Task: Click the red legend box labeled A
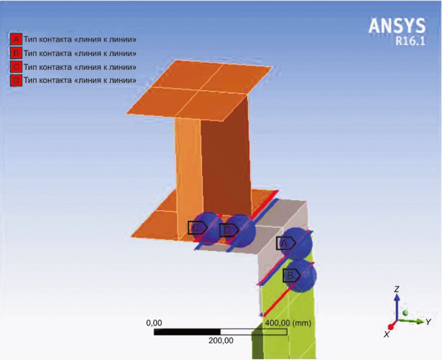16,39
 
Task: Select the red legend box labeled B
16,53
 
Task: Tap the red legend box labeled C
16,67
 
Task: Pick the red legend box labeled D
16,80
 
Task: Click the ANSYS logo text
397,26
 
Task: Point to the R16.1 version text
410,41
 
